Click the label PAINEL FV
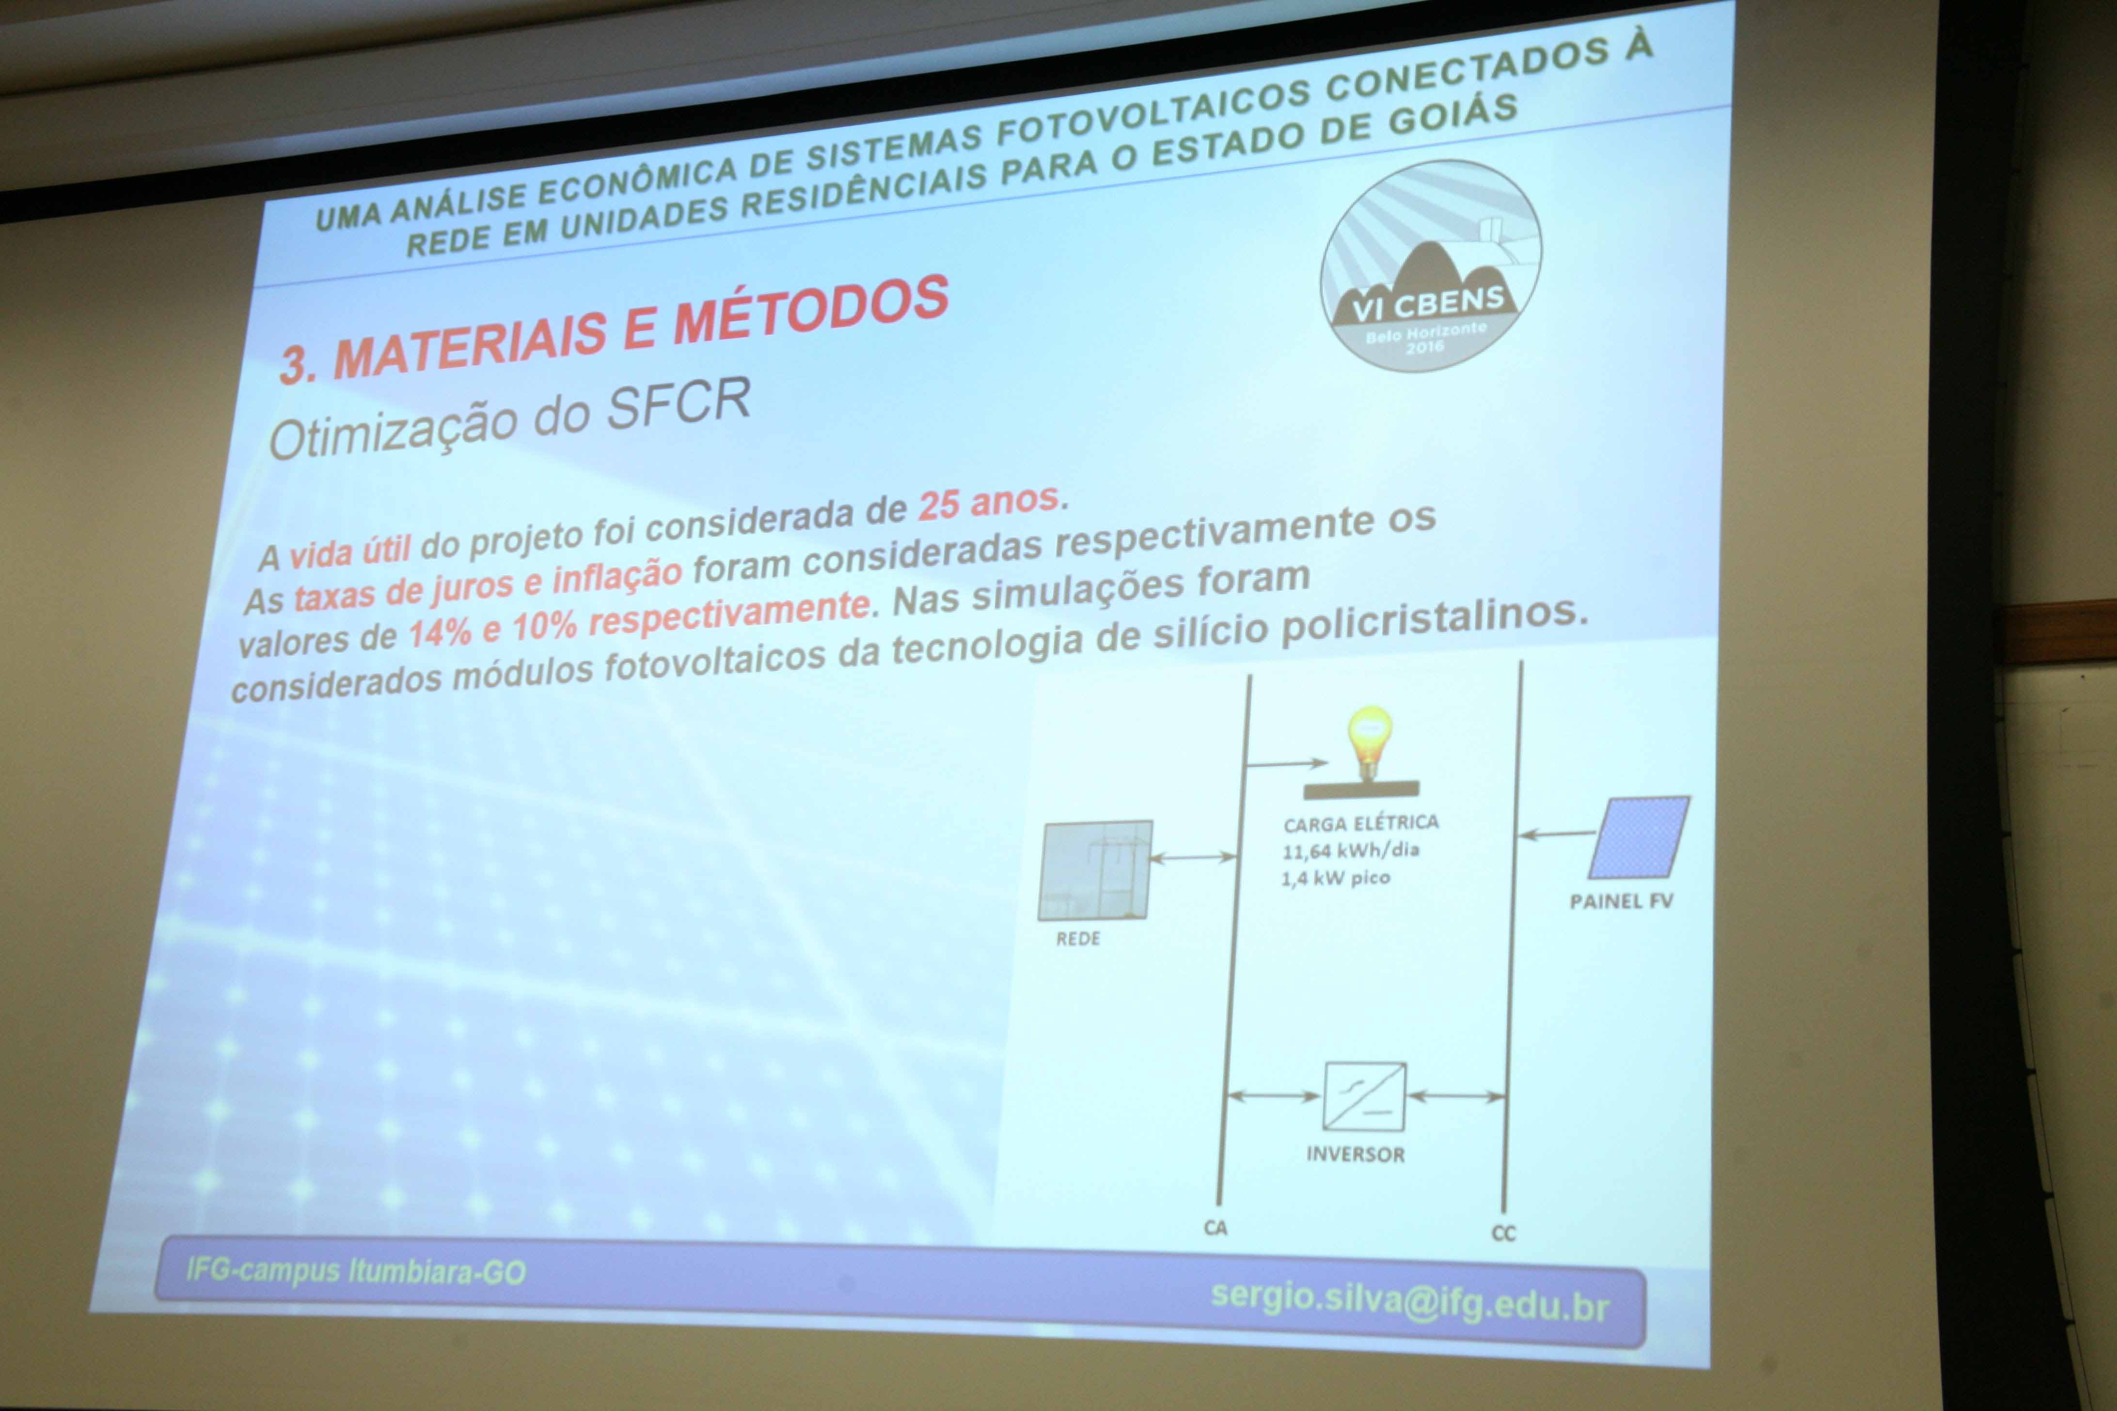point(1621,902)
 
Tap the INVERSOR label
point(1356,1155)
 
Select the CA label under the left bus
point(1215,1227)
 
